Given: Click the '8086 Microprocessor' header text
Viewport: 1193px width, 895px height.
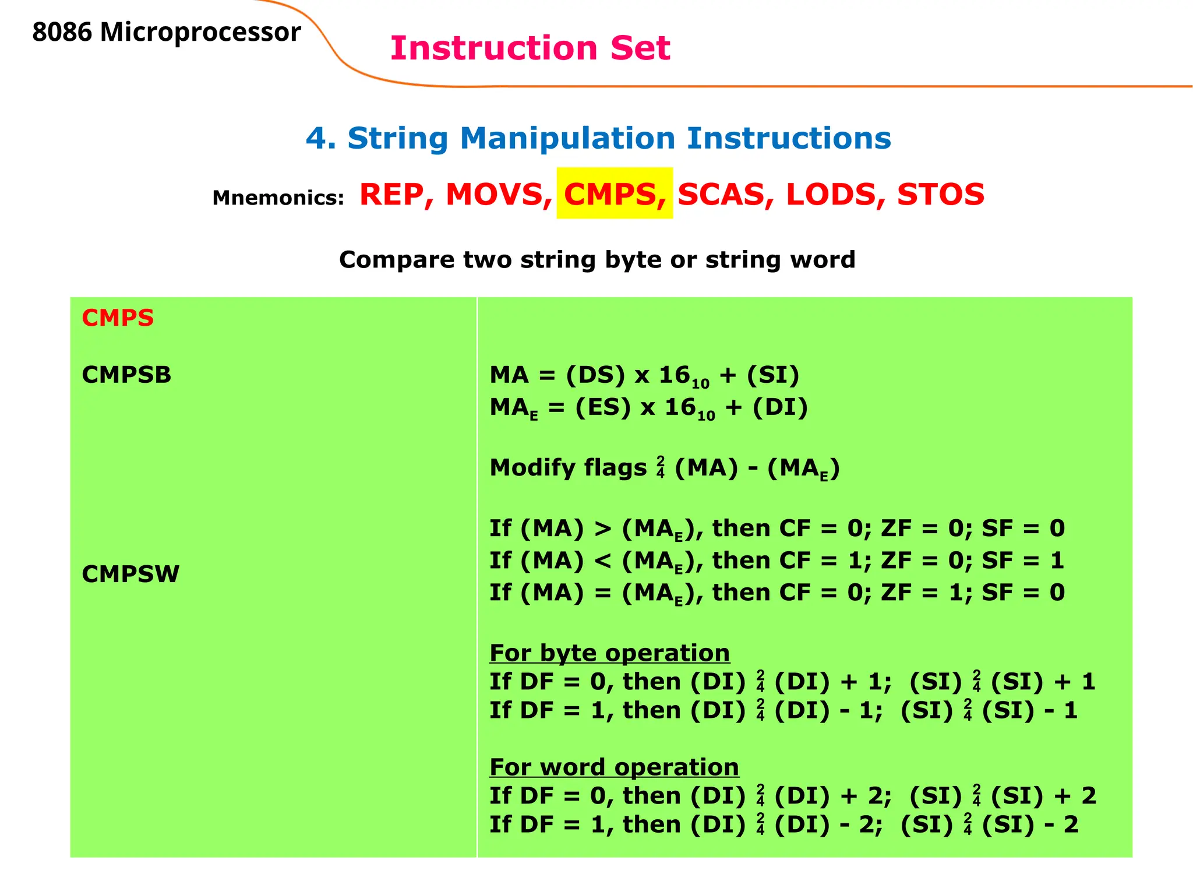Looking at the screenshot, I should tap(166, 33).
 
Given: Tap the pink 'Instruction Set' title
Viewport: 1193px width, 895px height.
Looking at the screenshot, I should tap(530, 48).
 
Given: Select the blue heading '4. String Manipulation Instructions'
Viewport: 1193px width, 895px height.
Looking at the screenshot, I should tap(598, 139).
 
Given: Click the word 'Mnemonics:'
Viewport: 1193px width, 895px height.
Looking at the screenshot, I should tap(278, 198).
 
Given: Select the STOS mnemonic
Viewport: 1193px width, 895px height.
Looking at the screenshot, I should tap(940, 195).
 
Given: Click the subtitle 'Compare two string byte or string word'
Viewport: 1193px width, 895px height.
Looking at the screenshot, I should tap(597, 260).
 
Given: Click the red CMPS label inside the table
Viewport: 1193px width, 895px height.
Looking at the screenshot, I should tap(118, 318).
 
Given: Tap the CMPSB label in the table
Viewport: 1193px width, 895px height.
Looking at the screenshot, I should tap(126, 375).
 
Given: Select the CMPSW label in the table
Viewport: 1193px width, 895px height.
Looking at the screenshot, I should tap(130, 575).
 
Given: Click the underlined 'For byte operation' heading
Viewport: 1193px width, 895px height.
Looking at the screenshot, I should tap(609, 653).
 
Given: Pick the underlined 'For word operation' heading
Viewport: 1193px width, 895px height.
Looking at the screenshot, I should tap(614, 767).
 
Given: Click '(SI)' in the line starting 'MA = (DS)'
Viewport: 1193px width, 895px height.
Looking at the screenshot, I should tap(773, 375).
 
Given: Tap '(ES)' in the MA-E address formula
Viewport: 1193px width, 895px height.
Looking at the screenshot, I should tap(603, 407).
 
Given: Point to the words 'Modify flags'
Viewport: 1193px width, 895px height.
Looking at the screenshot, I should tap(568, 468).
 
